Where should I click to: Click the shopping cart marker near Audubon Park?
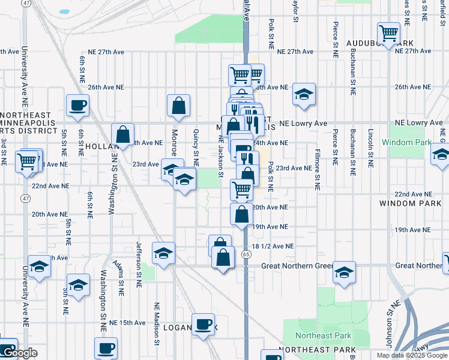tap(389, 34)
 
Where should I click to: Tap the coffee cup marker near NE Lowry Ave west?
tap(78, 106)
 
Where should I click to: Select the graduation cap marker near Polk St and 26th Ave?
tap(304, 94)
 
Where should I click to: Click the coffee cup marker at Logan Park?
tap(203, 325)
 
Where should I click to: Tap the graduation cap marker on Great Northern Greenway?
tap(345, 272)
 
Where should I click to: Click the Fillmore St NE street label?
tap(316, 170)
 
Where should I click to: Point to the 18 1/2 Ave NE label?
tap(273, 246)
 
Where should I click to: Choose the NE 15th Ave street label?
tap(127, 322)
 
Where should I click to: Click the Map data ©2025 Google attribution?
tap(412, 355)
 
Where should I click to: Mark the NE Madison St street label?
tap(158, 323)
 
